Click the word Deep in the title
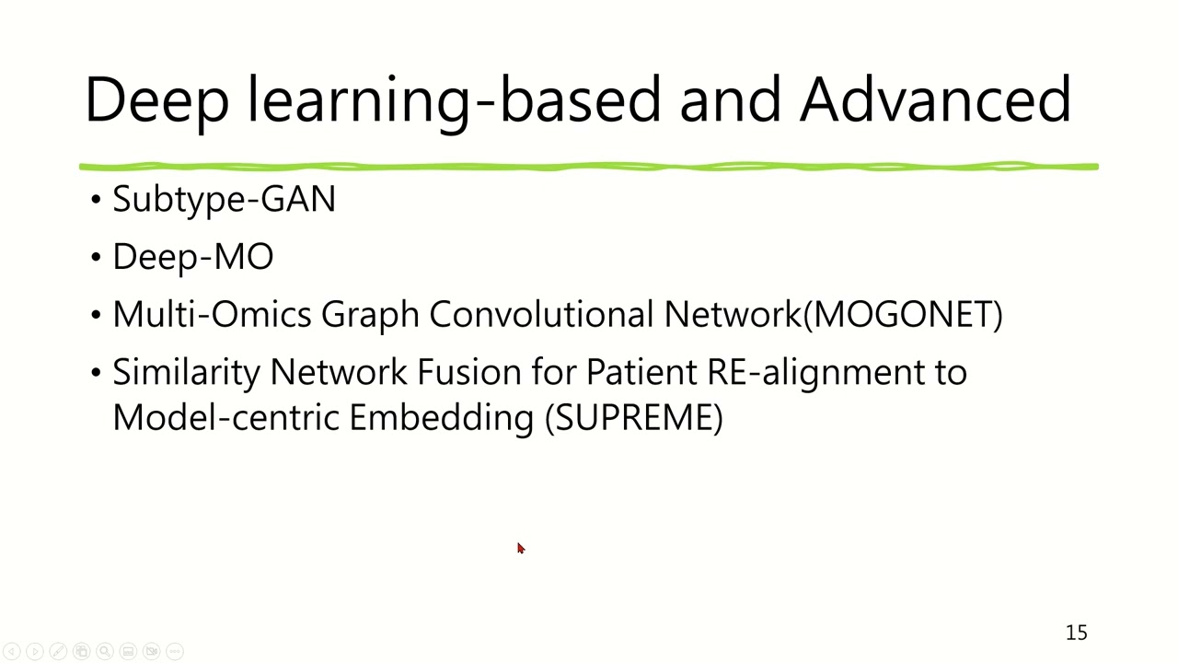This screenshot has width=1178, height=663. [x=156, y=99]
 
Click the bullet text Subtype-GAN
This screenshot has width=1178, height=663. [x=224, y=200]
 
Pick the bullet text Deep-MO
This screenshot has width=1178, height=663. [x=192, y=257]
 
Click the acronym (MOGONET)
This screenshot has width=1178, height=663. [x=903, y=315]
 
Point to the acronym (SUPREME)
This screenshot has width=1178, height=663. [x=633, y=417]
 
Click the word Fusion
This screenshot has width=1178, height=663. [x=469, y=372]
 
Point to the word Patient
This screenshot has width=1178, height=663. [x=641, y=372]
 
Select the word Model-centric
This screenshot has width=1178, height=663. [x=225, y=417]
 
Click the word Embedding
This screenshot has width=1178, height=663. [x=441, y=418]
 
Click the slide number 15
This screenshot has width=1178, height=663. [x=1076, y=633]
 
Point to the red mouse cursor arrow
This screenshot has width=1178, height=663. [x=520, y=549]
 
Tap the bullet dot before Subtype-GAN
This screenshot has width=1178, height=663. [x=97, y=200]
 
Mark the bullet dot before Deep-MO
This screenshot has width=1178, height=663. [x=97, y=258]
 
